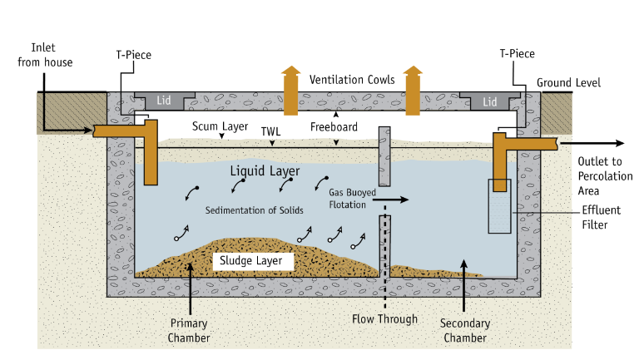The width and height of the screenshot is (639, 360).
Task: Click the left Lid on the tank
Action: (x=164, y=101)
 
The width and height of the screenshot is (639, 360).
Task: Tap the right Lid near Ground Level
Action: (x=490, y=101)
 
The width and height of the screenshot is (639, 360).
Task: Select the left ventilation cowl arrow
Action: (x=290, y=91)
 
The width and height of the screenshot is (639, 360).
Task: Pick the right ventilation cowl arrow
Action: (x=413, y=91)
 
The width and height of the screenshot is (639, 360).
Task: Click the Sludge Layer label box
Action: (x=253, y=261)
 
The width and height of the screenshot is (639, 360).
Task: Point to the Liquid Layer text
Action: (x=265, y=171)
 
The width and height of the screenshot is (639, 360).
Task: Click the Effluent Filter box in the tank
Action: (x=499, y=206)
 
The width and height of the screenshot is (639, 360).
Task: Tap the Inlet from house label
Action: (x=45, y=55)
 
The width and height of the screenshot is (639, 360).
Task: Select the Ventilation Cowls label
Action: (x=352, y=80)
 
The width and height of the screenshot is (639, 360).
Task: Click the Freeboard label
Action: (x=334, y=127)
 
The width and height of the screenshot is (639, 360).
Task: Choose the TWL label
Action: (x=271, y=131)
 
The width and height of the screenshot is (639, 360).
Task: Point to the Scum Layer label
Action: (x=220, y=126)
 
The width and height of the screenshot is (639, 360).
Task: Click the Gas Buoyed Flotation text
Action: (x=353, y=199)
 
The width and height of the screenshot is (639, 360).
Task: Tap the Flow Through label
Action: (x=384, y=319)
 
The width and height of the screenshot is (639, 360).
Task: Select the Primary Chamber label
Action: (x=189, y=330)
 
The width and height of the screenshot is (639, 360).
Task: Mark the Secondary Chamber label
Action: (x=465, y=330)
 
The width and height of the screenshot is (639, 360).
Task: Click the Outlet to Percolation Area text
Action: (x=605, y=176)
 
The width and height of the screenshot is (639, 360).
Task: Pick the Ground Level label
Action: (x=568, y=82)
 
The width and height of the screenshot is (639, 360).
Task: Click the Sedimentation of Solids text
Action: (x=255, y=210)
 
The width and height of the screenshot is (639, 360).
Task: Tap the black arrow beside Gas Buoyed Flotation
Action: (x=390, y=200)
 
